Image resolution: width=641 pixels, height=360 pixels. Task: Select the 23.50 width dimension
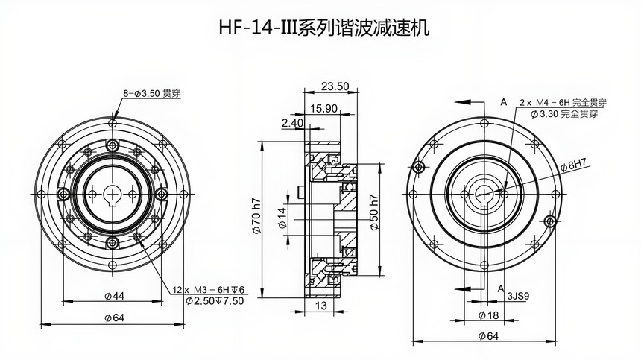coord(335,86)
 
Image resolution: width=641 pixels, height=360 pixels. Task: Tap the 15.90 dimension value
coord(322,108)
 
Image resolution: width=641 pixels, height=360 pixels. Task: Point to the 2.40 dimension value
coord(293,122)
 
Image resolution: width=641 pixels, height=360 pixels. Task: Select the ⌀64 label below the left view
coord(114,319)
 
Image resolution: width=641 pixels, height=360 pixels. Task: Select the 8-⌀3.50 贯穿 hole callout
coord(152,94)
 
